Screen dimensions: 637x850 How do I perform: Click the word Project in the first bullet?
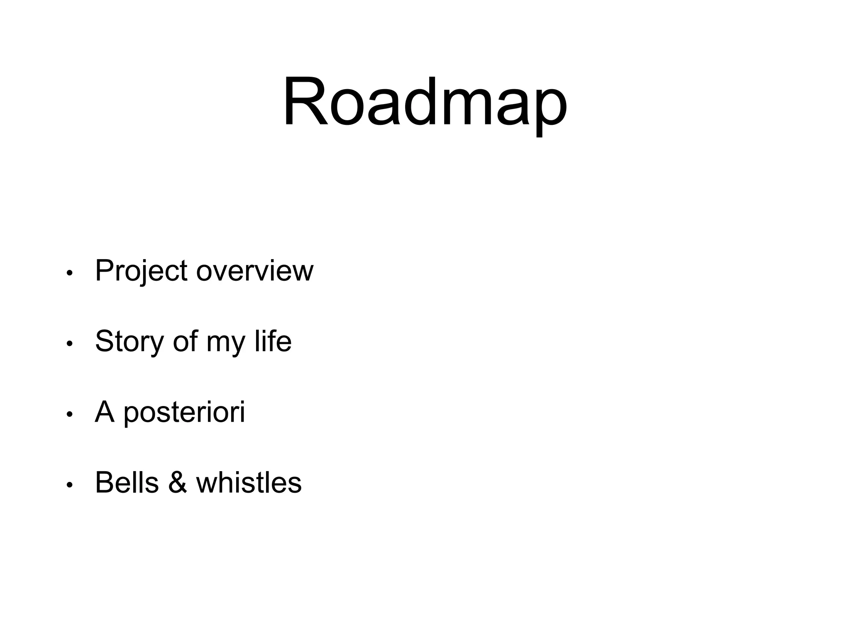[x=141, y=271]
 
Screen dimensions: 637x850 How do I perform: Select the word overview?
[x=254, y=271]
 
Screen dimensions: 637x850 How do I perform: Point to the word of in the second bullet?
[x=185, y=342]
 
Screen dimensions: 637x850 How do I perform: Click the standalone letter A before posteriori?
[x=105, y=412]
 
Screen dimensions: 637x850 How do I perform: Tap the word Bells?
[x=127, y=483]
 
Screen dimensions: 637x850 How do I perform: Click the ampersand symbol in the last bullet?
[x=178, y=483]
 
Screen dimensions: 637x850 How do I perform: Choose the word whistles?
[x=249, y=483]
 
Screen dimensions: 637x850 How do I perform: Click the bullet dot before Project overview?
[x=70, y=273]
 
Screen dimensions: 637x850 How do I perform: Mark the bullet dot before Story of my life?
[x=70, y=344]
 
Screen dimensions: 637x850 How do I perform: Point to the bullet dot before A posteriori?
[x=70, y=414]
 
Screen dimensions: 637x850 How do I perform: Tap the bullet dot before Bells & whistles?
[x=70, y=485]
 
